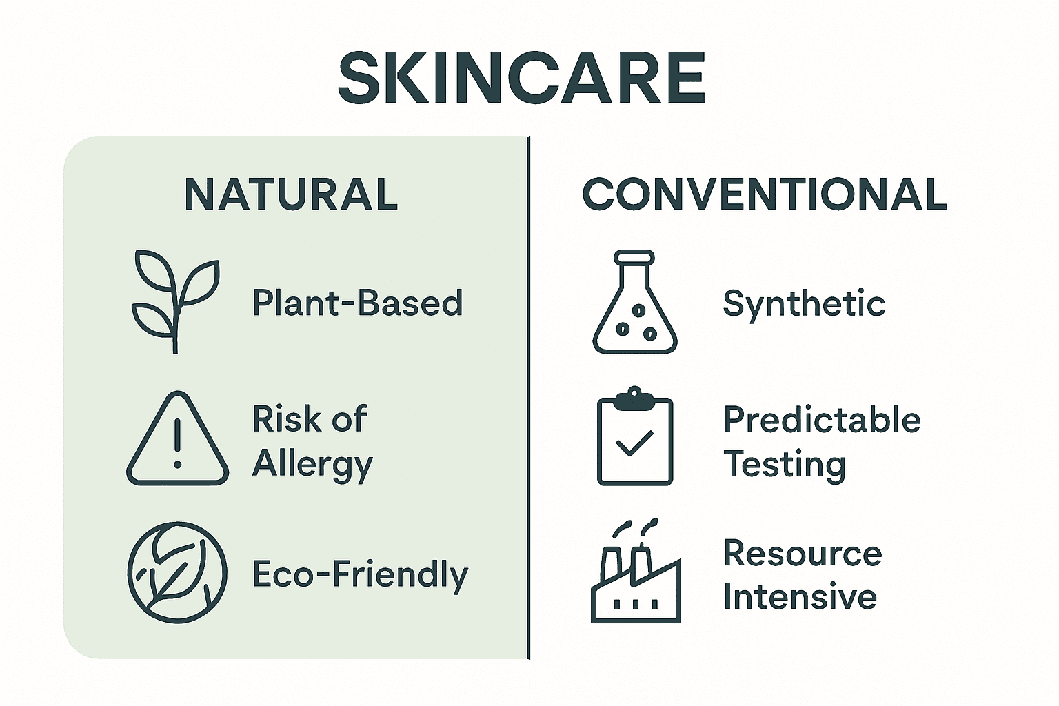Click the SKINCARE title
click(x=522, y=77)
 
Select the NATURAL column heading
click(x=291, y=194)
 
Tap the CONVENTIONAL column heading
click(x=765, y=194)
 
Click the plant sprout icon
click(x=175, y=301)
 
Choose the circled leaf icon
click(x=177, y=572)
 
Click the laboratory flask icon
click(x=634, y=303)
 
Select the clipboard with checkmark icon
click(x=634, y=437)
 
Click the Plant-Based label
click(x=357, y=303)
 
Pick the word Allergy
click(x=312, y=465)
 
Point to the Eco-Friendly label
click(x=360, y=575)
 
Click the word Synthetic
click(x=804, y=303)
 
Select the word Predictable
click(x=822, y=419)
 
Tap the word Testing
click(x=785, y=465)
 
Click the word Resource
click(x=803, y=553)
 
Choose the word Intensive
click(x=800, y=597)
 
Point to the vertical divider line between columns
click(x=529, y=397)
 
